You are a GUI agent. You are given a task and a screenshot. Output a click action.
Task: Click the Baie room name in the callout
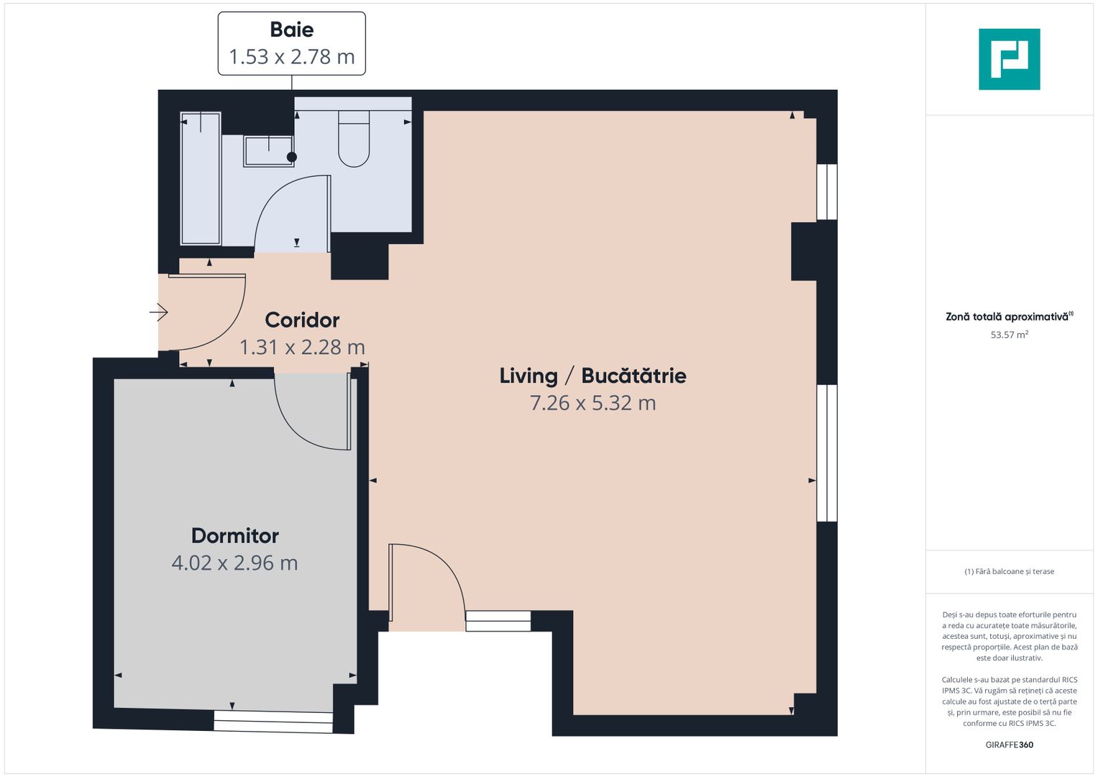[291, 29]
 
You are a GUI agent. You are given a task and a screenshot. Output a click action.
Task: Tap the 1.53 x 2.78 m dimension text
[291, 57]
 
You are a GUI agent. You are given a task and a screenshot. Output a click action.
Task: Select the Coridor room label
[302, 320]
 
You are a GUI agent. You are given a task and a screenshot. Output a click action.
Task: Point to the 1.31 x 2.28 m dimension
[302, 347]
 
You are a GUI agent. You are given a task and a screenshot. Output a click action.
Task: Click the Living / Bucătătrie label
[593, 376]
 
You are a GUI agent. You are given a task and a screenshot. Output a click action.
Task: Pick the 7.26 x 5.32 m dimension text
[593, 403]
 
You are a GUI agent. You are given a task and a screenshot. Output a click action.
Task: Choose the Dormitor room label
[234, 536]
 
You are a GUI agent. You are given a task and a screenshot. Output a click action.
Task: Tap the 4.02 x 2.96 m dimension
[234, 563]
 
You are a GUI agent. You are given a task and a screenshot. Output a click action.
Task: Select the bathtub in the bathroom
[201, 178]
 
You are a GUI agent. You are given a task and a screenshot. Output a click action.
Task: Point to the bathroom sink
[267, 151]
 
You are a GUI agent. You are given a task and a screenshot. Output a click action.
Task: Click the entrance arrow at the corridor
[159, 312]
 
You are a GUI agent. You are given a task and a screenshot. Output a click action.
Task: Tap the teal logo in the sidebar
[1009, 59]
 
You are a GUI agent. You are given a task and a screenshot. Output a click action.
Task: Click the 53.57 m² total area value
[1009, 335]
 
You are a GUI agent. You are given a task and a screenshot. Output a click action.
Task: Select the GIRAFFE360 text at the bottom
[1009, 745]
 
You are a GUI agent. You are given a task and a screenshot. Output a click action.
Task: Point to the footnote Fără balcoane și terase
[1009, 571]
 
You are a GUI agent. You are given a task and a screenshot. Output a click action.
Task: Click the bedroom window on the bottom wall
[273, 721]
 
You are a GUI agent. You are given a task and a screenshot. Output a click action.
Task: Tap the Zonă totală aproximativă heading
[1007, 317]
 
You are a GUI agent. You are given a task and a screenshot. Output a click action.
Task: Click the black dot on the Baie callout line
[292, 157]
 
